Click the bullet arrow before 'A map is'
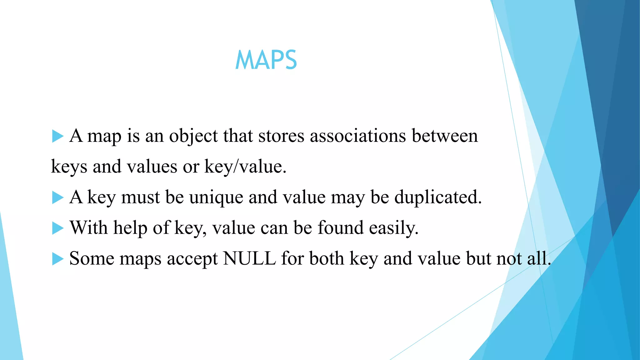click(57, 136)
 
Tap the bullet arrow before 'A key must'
click(57, 197)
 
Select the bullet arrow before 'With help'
click(57, 228)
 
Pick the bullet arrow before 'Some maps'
click(57, 259)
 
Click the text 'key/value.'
click(245, 167)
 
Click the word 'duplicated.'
click(438, 197)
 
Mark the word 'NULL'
click(249, 259)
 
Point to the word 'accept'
click(192, 259)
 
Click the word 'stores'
click(281, 136)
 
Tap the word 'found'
click(341, 228)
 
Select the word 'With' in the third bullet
click(88, 228)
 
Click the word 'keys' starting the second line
click(69, 167)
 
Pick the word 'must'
click(140, 197)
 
